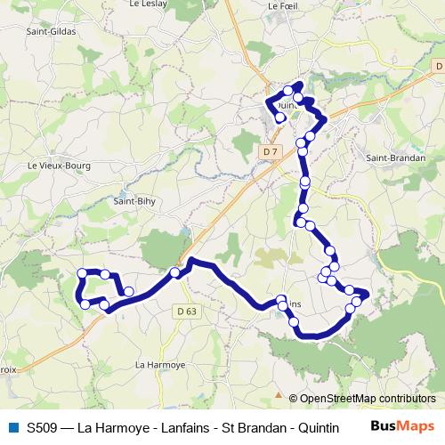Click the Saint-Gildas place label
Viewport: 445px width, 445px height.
52,31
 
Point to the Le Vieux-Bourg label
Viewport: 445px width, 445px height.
55,165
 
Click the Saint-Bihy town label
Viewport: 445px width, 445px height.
131,201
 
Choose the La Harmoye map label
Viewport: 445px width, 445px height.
159,364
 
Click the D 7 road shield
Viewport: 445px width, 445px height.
271,153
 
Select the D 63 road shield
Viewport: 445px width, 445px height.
186,311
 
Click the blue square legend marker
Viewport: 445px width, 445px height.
12,427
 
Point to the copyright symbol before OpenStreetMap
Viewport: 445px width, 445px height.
293,398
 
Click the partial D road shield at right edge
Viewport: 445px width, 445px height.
439,66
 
